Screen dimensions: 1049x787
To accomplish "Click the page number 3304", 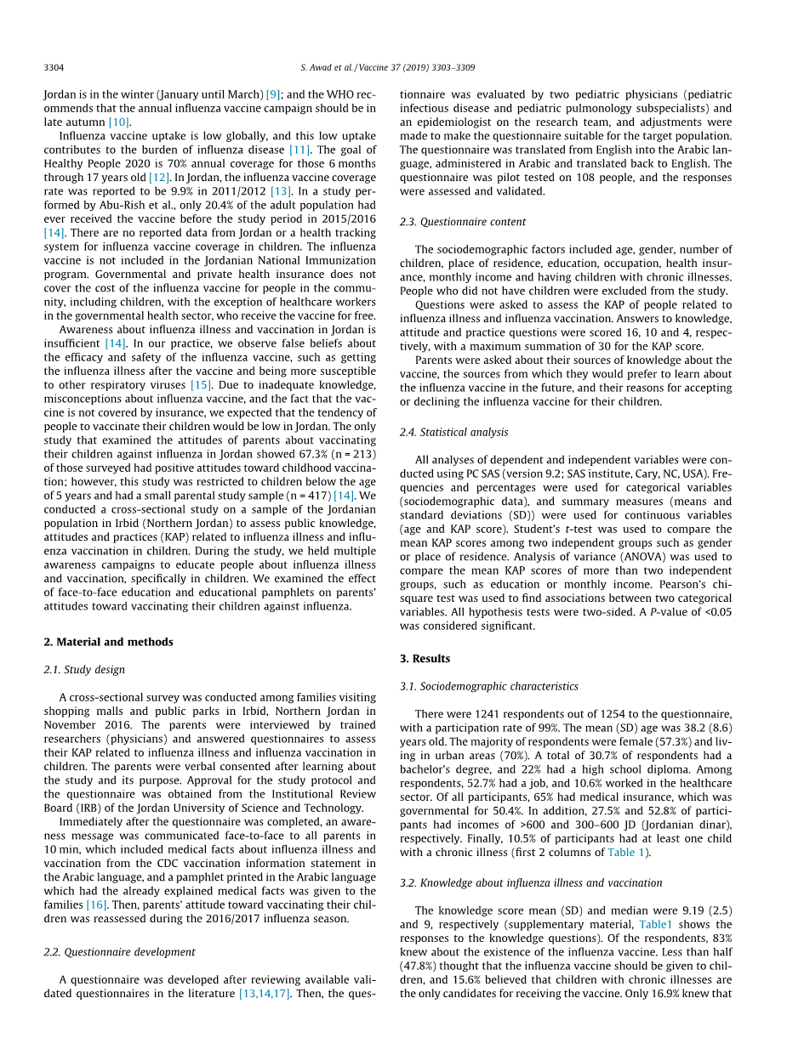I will pyautogui.click(x=54, y=67).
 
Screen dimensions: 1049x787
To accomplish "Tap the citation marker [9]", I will pyautogui.click(x=272, y=94).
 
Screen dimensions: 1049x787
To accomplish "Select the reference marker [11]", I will pyautogui.click(x=299, y=150).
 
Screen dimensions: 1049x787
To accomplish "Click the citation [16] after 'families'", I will pyautogui.click(x=96, y=904).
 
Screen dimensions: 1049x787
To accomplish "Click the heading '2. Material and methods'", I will pyautogui.click(x=108, y=642).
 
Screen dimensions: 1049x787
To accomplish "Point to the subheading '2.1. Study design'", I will pyautogui.click(x=84, y=670).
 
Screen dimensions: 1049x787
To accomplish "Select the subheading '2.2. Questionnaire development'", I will pyautogui.click(x=119, y=952).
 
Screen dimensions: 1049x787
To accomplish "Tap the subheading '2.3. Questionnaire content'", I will pyautogui.click(x=463, y=222).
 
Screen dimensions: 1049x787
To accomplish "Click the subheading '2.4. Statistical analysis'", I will pyautogui.click(x=453, y=432).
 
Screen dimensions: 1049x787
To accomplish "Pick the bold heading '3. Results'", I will pyautogui.click(x=425, y=659).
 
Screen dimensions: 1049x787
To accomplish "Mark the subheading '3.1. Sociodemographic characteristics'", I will pyautogui.click(x=488, y=686).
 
